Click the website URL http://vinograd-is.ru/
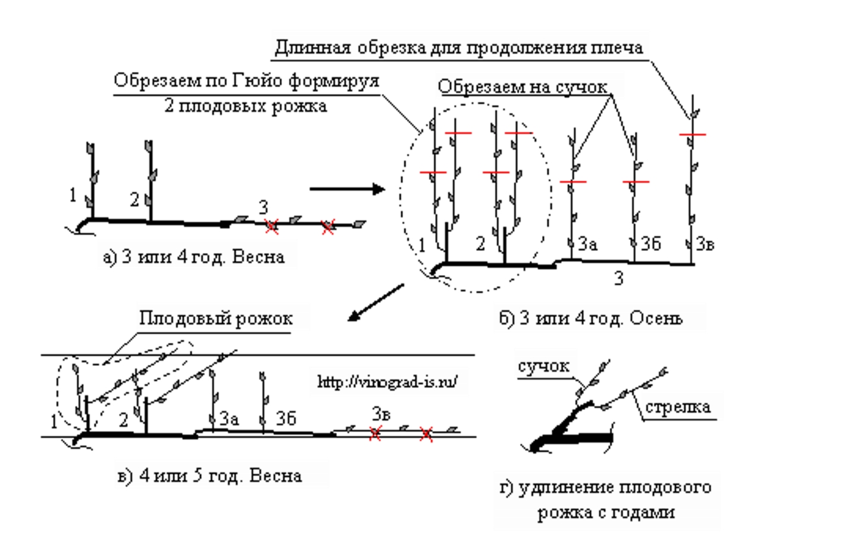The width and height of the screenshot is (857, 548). coord(387,381)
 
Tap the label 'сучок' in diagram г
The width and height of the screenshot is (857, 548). coord(543,366)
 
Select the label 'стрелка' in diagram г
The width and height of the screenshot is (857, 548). coord(677,407)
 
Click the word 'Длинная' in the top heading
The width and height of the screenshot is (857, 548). coord(312,48)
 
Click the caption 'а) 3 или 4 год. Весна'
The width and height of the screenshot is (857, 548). coord(194,257)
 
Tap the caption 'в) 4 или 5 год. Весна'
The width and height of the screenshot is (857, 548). coord(209,476)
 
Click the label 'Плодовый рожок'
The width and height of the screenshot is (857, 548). coord(215,318)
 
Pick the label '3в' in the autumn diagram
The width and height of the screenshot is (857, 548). coord(705,244)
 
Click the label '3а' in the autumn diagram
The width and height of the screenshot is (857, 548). coord(587,244)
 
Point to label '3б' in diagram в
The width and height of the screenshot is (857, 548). coord(286,418)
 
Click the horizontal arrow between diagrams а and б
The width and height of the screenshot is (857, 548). coord(347,189)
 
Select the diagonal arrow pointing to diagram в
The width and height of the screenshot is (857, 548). coord(376,302)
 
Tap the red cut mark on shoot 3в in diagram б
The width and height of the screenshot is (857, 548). coord(692,135)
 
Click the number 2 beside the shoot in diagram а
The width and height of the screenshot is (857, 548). coord(135,200)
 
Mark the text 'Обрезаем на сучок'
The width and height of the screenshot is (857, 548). coord(523,87)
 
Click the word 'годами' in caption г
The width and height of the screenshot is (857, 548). coord(646,512)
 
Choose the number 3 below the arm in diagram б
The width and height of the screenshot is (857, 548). coord(618,278)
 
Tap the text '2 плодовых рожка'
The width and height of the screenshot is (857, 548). coord(246,107)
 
